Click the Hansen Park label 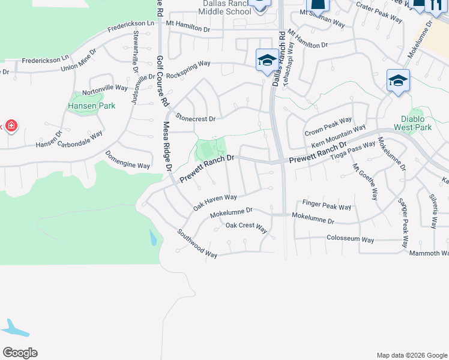click(92, 106)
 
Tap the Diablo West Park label click(414, 123)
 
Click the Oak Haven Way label click(215, 201)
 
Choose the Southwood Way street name click(197, 244)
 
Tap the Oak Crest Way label click(246, 226)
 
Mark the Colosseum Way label click(350, 239)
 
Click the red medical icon click(10, 126)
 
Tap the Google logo click(20, 353)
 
